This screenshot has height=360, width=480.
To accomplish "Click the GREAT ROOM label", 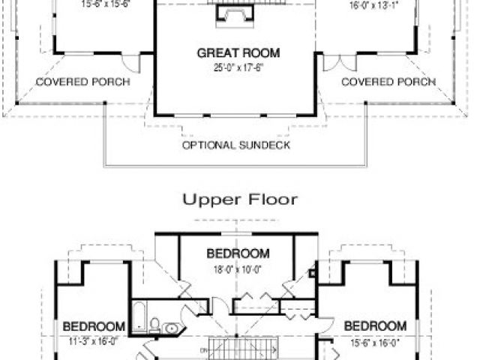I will pyautogui.click(x=228, y=53).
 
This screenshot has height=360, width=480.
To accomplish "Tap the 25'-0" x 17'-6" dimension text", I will pyautogui.click(x=228, y=67).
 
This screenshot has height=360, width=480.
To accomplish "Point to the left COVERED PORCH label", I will pyautogui.click(x=82, y=81).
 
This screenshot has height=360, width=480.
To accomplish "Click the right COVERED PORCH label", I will pyautogui.click(x=388, y=81).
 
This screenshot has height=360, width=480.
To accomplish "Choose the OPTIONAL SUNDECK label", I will pyautogui.click(x=235, y=144).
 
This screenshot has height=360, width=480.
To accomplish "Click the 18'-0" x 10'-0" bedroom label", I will pyautogui.click(x=238, y=253).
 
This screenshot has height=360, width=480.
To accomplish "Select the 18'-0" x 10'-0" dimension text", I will pyautogui.click(x=238, y=268).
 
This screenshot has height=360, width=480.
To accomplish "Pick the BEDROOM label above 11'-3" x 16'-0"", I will pyautogui.click(x=93, y=326).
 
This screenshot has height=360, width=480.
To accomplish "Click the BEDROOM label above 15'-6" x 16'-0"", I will pyautogui.click(x=375, y=326).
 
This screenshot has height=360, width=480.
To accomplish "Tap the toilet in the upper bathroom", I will pyautogui.click(x=154, y=325).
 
